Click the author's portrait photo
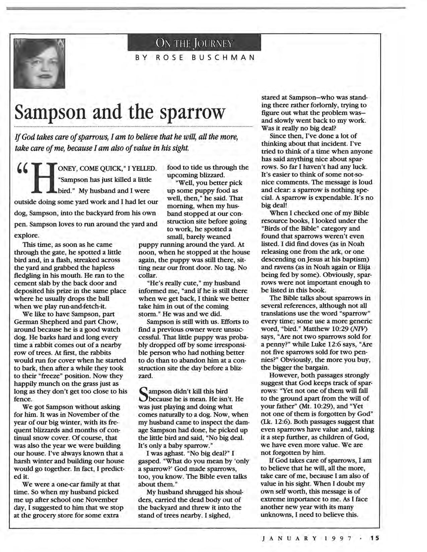39,63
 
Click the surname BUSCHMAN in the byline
223,58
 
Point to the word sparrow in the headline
192,113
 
